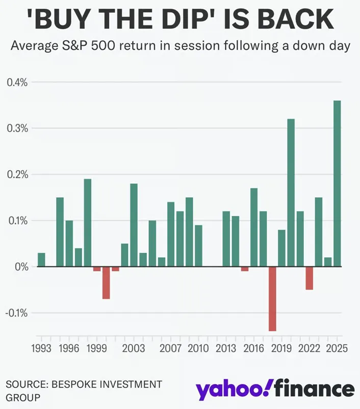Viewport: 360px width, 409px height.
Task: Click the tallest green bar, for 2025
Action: tap(337, 183)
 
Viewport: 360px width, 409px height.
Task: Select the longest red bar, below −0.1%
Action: tap(272, 299)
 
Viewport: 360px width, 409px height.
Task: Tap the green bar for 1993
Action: tap(41, 260)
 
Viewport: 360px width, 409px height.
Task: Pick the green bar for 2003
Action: tap(134, 225)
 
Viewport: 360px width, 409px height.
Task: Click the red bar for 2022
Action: tap(310, 278)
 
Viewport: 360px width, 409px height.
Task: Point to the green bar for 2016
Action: tap(254, 227)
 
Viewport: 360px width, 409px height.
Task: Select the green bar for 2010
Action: tap(198, 246)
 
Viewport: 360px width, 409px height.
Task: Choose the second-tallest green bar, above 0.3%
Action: tap(291, 193)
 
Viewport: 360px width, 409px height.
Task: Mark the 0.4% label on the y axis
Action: tap(17, 83)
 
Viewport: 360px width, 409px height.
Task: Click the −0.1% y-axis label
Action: tap(16, 313)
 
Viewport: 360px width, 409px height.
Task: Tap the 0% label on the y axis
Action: tap(21, 267)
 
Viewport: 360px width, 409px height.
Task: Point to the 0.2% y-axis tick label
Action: tap(17, 175)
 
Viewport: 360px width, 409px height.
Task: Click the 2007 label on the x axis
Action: tap(170, 348)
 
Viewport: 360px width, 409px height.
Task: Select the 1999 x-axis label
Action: tap(96, 348)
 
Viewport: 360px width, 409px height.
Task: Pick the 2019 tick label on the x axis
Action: tap(281, 348)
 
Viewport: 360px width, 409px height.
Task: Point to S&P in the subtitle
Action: tap(74, 46)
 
